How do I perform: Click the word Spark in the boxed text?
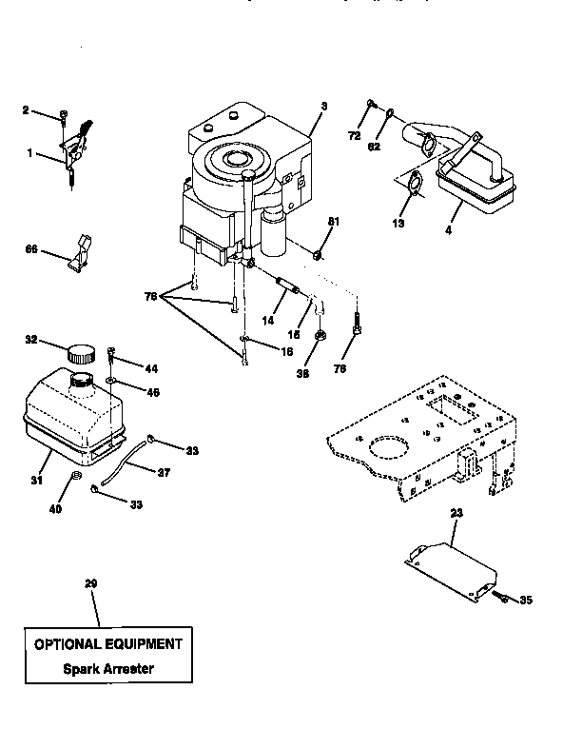coord(83,668)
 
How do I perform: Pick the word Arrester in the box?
coord(128,668)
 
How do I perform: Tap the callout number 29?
coord(92,582)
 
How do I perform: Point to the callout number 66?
coord(30,250)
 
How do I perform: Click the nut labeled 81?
coord(318,254)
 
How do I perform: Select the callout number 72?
coord(355,137)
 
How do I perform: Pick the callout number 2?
coord(26,110)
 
